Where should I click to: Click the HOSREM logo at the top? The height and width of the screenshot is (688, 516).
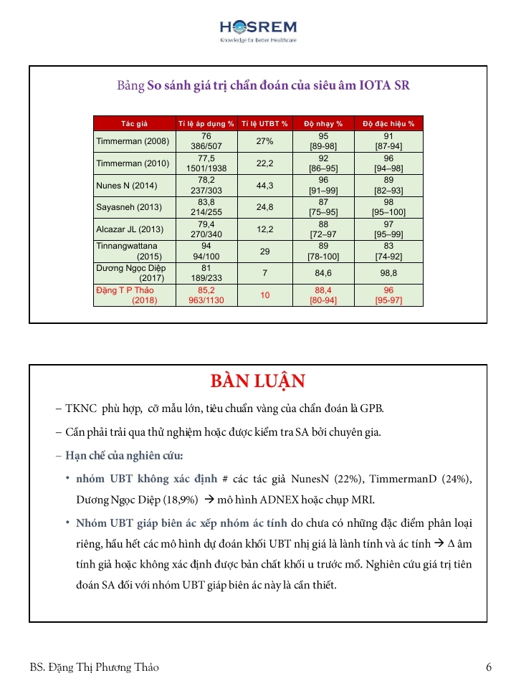[x=258, y=29]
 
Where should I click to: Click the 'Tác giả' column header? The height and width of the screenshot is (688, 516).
[x=134, y=123]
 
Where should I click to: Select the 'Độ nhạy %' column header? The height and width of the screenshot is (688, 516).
[x=323, y=123]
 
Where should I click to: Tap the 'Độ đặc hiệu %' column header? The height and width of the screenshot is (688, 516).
[x=388, y=123]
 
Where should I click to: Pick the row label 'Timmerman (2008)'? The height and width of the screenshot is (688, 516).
[x=133, y=141]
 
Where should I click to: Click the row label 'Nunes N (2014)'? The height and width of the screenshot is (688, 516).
[x=123, y=186]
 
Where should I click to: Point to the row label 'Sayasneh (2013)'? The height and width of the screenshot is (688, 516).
[x=125, y=208]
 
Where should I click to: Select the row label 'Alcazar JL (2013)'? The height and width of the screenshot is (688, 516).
[x=130, y=229]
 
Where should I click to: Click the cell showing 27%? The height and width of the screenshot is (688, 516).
[x=264, y=141]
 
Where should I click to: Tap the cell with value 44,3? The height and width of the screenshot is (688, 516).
[x=264, y=186]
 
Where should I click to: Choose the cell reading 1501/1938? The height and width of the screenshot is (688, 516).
[x=206, y=168]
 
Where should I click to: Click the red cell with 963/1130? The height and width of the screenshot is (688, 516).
[x=206, y=300]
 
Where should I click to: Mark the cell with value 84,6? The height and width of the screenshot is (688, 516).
[x=323, y=273]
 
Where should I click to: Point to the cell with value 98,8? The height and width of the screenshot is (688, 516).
[x=388, y=273]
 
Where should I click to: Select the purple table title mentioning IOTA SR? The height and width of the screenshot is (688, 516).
[x=263, y=85]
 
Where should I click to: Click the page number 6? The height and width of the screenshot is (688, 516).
[x=488, y=667]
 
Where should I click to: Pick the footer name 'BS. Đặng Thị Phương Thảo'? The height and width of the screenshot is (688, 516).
[x=95, y=667]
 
